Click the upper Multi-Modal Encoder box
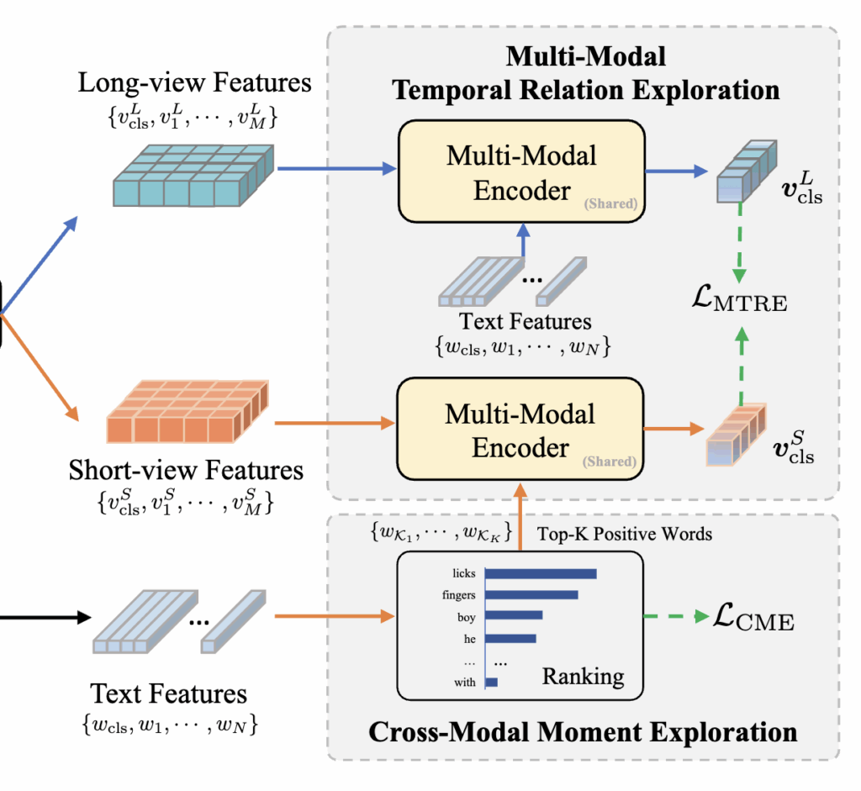tap(520, 172)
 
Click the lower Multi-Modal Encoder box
tap(520, 430)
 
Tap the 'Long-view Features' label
tap(194, 83)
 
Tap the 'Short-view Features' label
tap(186, 469)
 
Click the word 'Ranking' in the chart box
tap(583, 676)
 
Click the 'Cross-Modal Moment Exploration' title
tap(583, 731)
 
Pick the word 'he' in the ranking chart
tap(468, 638)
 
